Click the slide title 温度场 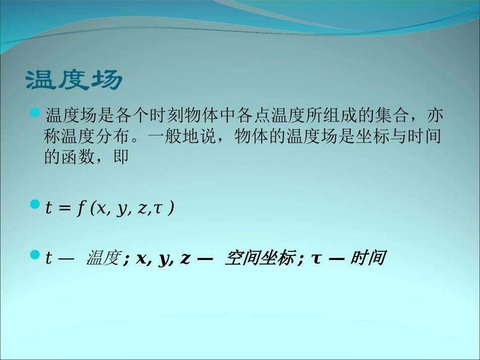(74, 80)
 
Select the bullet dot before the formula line (35, 204)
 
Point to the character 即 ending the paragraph (123, 158)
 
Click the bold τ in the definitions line (317, 259)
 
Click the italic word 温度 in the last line (103, 259)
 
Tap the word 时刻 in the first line (159, 116)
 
